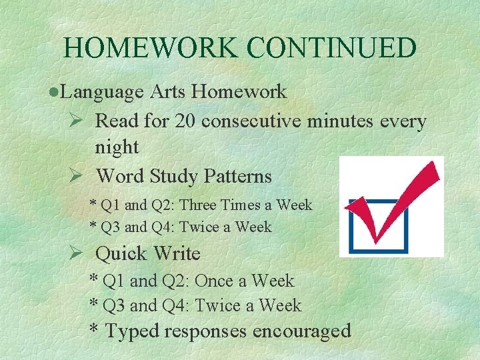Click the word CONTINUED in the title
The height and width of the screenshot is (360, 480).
tap(331, 48)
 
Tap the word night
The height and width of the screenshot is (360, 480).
tap(117, 147)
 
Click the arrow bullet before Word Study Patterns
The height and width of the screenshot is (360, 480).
tap(75, 177)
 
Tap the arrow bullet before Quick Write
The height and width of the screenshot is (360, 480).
tap(75, 254)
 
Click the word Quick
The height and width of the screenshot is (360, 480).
tap(121, 254)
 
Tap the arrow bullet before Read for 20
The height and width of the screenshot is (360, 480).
tap(75, 121)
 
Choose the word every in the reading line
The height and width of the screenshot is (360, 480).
tap(402, 121)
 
